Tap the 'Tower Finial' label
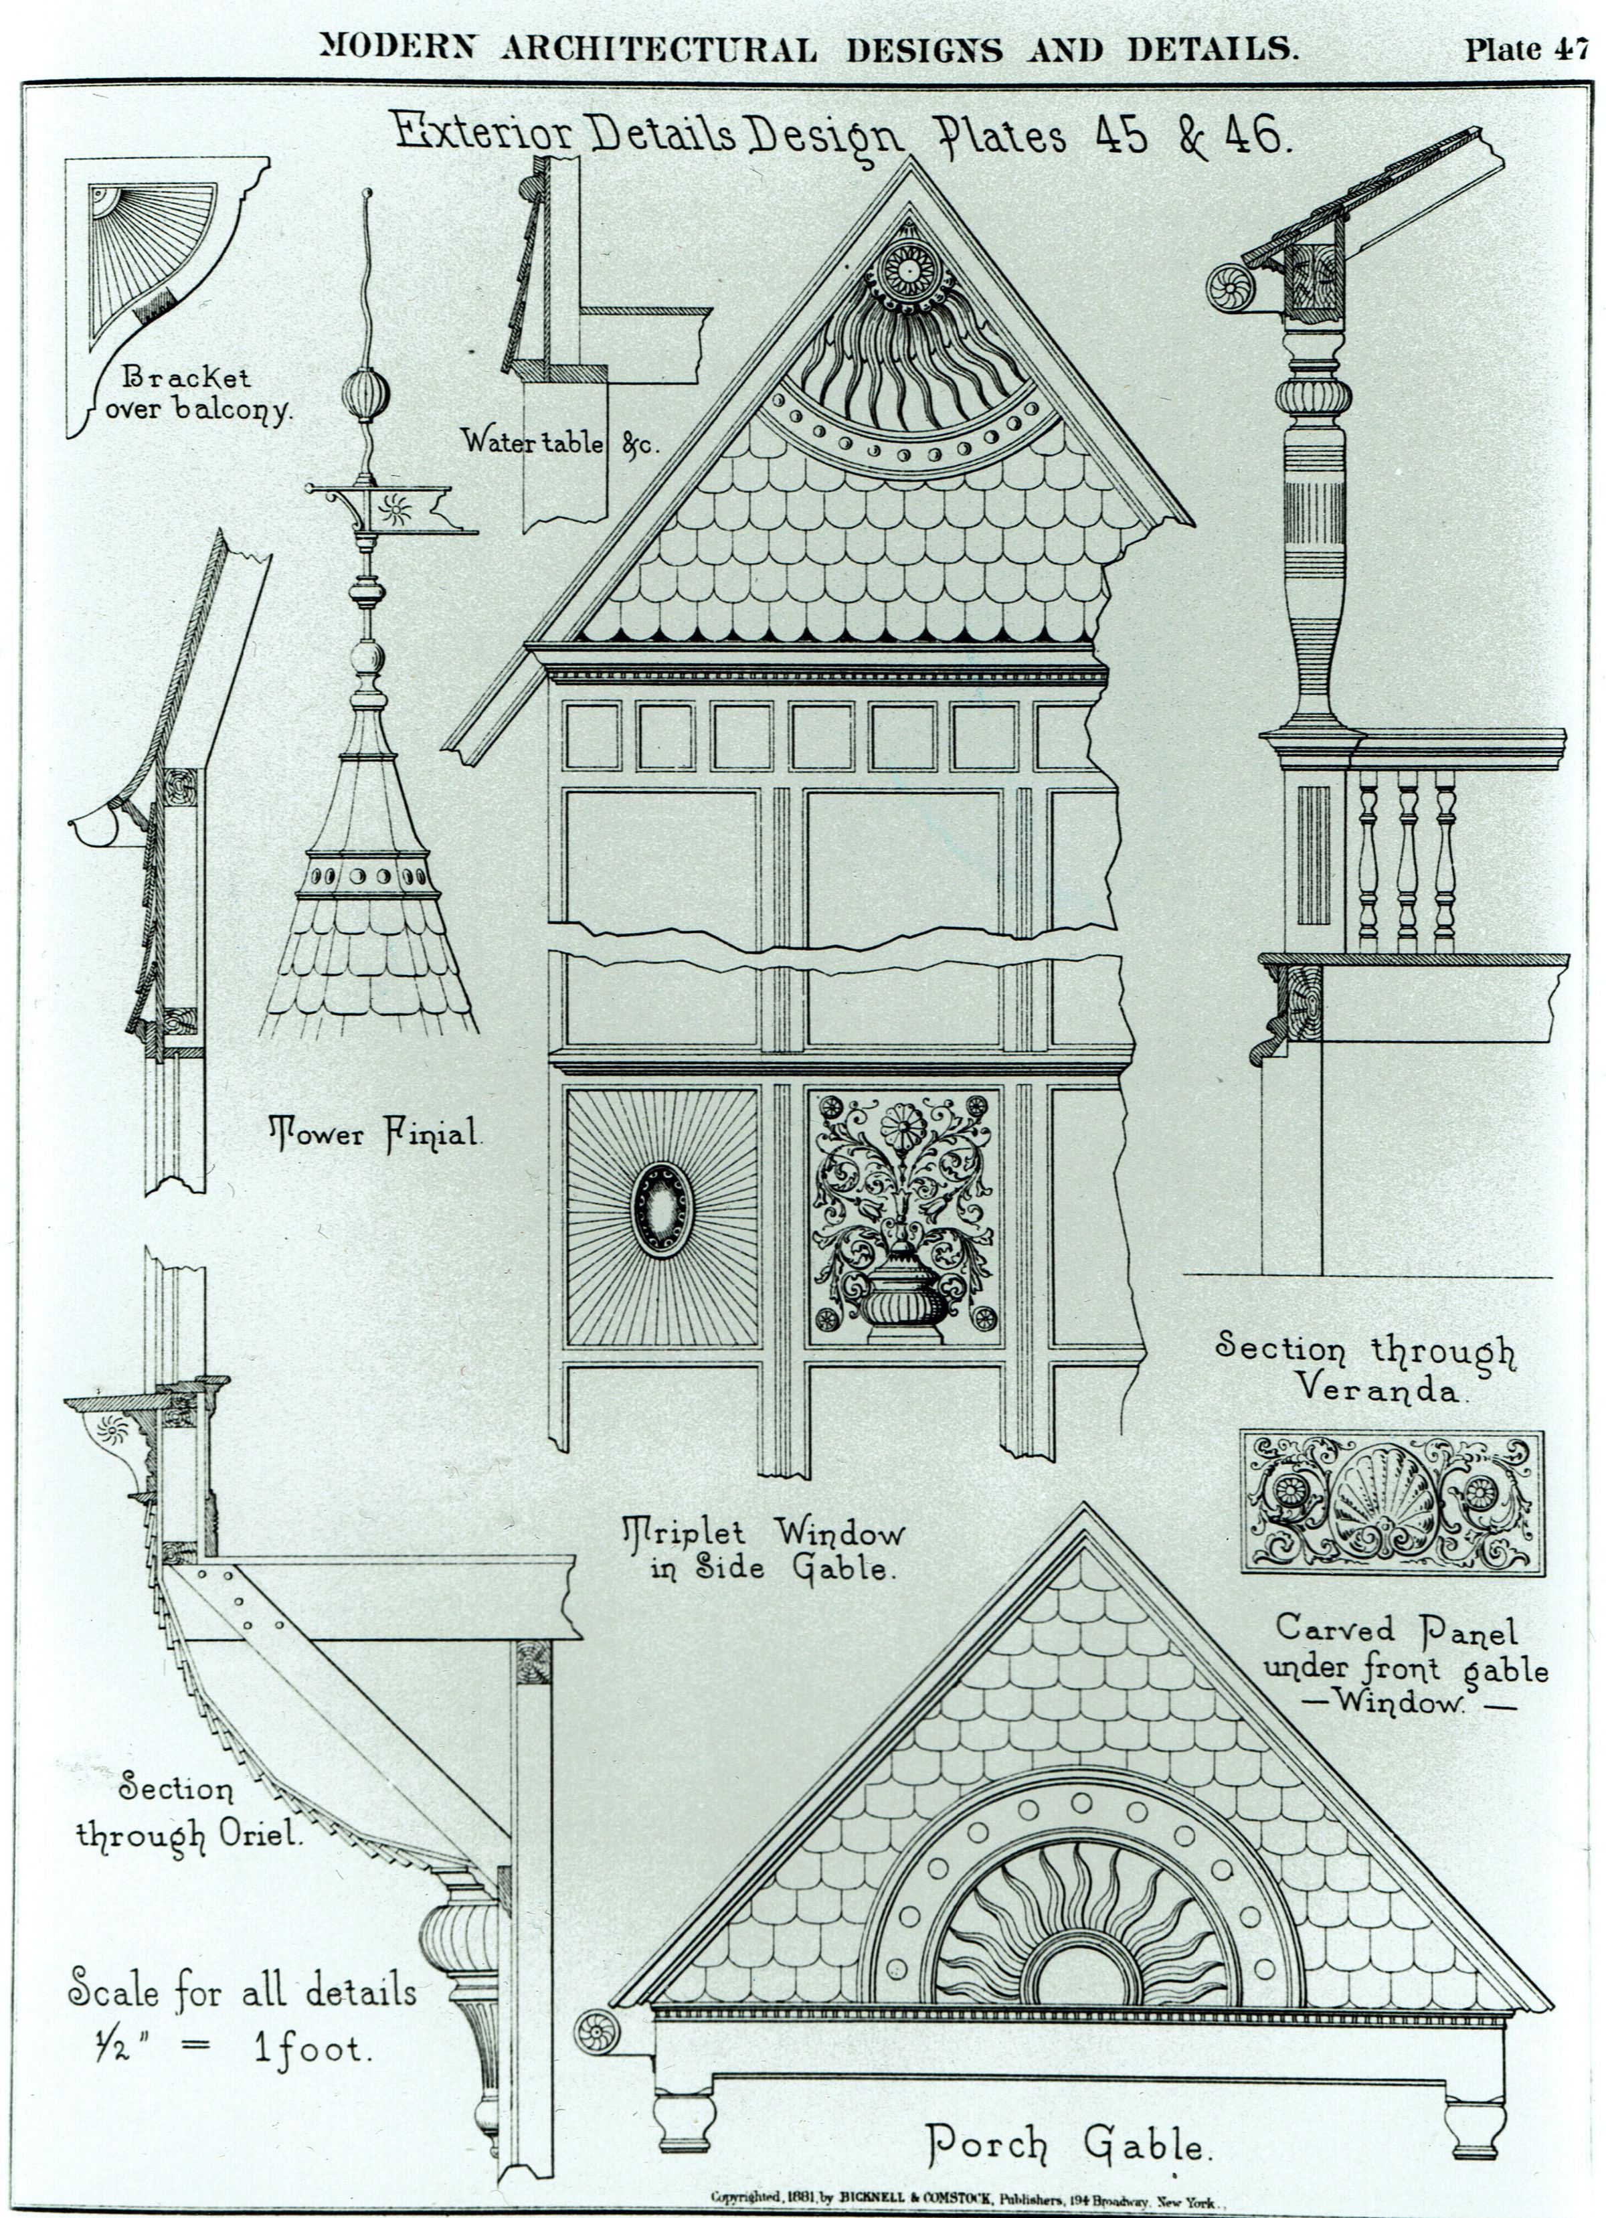[375, 1134]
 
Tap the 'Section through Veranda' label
[1365, 1367]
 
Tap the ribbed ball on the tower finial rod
[366, 394]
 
